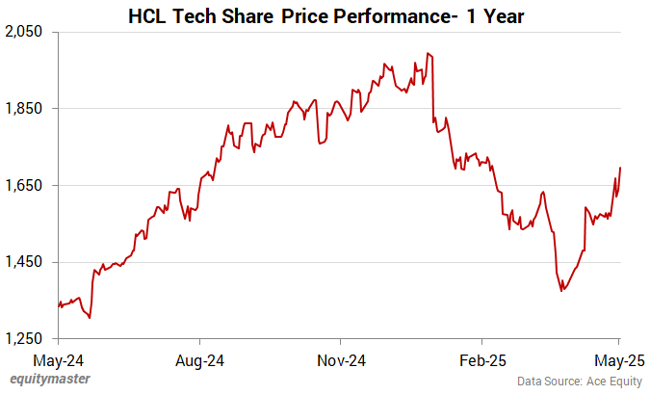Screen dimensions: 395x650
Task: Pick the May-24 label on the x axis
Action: click(59, 361)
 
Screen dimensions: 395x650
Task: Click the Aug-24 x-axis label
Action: click(199, 361)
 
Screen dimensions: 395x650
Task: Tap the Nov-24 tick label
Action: click(341, 361)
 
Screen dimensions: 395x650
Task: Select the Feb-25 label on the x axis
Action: click(481, 361)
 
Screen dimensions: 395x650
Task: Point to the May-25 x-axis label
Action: click(618, 361)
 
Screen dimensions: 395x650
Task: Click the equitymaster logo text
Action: click(50, 379)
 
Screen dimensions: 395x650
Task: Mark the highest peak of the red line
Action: click(427, 55)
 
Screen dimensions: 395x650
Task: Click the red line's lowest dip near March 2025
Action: click(562, 290)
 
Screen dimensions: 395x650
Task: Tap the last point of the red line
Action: click(620, 168)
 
